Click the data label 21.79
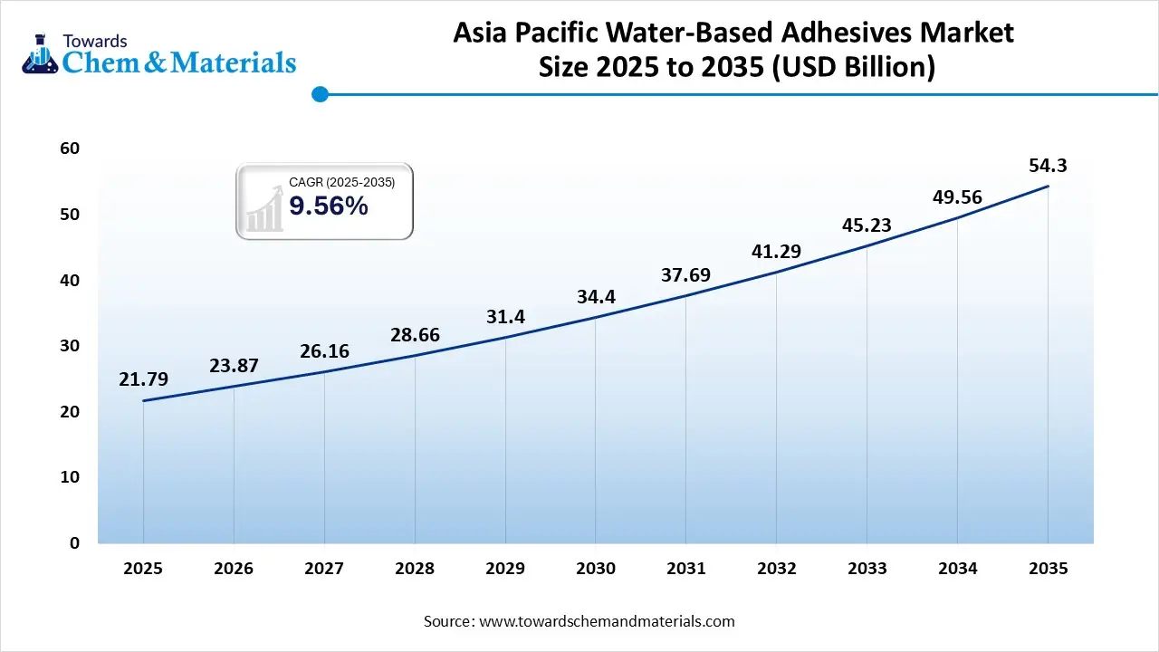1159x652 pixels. click(143, 379)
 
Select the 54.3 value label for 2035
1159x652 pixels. click(1048, 166)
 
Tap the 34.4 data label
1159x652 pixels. click(596, 296)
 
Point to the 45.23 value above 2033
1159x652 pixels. click(867, 225)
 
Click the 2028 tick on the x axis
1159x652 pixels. click(415, 569)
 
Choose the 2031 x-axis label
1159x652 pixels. click(686, 569)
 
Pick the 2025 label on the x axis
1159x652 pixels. click(143, 569)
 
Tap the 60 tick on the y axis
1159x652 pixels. click(70, 149)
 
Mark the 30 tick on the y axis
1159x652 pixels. click(70, 346)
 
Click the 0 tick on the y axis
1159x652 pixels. click(74, 543)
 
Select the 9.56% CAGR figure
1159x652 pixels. click(329, 206)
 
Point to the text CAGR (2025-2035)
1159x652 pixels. click(341, 183)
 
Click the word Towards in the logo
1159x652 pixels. click(94, 41)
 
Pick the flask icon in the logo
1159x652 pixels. click(41, 53)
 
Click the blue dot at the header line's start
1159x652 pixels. click(319, 93)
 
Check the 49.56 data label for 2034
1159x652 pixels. click(957, 197)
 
